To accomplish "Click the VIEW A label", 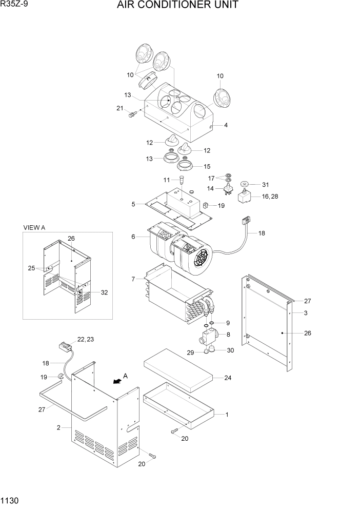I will pyautogui.click(x=34, y=227).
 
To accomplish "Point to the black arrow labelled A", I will pyautogui.click(x=118, y=381).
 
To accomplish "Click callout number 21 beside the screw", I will pyautogui.click(x=119, y=108).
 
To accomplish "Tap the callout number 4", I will pyautogui.click(x=226, y=125).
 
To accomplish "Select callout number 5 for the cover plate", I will pyautogui.click(x=133, y=204).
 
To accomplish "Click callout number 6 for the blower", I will pyautogui.click(x=133, y=237).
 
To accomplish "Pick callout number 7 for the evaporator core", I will pyautogui.click(x=133, y=279).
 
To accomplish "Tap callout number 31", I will pyautogui.click(x=265, y=185).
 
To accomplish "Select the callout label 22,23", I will pyautogui.click(x=86, y=339).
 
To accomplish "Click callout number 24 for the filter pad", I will pyautogui.click(x=227, y=378).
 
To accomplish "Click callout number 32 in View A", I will pyautogui.click(x=104, y=292).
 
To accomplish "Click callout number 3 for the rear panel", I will pyautogui.click(x=306, y=312).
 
